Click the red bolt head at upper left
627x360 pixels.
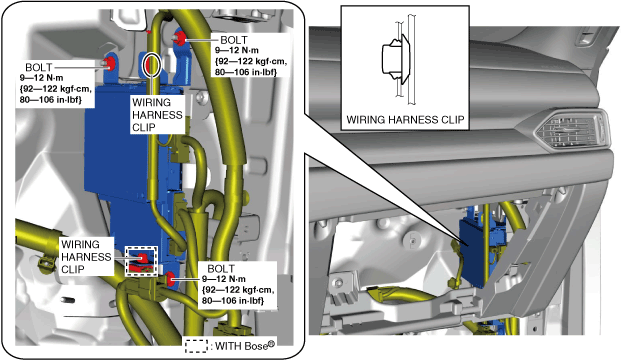click(x=109, y=63)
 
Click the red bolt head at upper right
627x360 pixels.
click(x=180, y=37)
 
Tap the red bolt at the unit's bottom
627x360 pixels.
click(x=171, y=279)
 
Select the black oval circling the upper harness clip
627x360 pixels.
click(x=152, y=64)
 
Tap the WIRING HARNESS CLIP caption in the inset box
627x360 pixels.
click(x=405, y=120)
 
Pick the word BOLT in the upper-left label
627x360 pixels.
click(x=38, y=67)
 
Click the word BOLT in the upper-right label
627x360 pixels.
click(x=234, y=40)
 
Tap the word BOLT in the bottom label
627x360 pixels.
click(x=221, y=268)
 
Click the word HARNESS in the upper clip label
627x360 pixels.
click(x=157, y=115)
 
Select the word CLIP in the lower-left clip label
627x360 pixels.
click(x=73, y=269)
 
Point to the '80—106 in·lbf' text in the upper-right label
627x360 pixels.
click(x=246, y=72)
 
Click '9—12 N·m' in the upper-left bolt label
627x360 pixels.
click(x=41, y=78)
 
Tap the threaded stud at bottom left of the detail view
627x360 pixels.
click(x=68, y=300)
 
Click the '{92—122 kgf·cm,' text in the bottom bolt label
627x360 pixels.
click(x=238, y=290)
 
